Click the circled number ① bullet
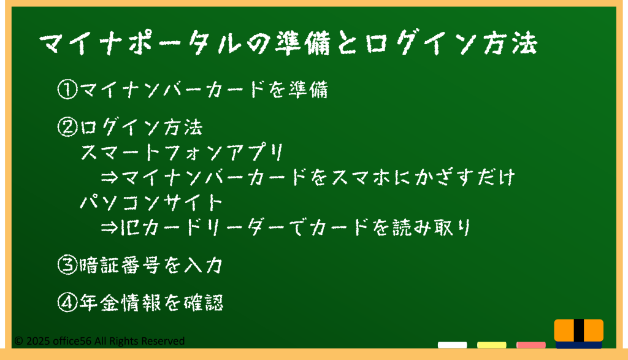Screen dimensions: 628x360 [x=67, y=90]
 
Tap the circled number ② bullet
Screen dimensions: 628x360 [x=67, y=128]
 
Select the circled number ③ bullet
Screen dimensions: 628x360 [x=67, y=265]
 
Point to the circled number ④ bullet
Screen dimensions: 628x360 [x=67, y=302]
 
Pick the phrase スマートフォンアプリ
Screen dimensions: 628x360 [x=182, y=153]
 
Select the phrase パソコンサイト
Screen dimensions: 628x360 [x=151, y=202]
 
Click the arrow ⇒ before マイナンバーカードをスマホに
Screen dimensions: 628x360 [x=109, y=177]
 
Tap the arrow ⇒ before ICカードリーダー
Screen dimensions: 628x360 [x=109, y=228]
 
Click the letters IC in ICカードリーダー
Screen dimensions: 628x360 [x=130, y=228]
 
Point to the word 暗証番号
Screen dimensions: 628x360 [x=120, y=265]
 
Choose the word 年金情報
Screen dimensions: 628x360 [x=120, y=303]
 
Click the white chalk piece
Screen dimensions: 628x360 [x=452, y=345]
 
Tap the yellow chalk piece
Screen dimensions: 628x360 [x=491, y=345]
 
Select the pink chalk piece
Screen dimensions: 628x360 [x=530, y=345]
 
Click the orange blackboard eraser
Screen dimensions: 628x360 [x=579, y=333]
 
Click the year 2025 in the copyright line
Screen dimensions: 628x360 [x=38, y=341]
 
